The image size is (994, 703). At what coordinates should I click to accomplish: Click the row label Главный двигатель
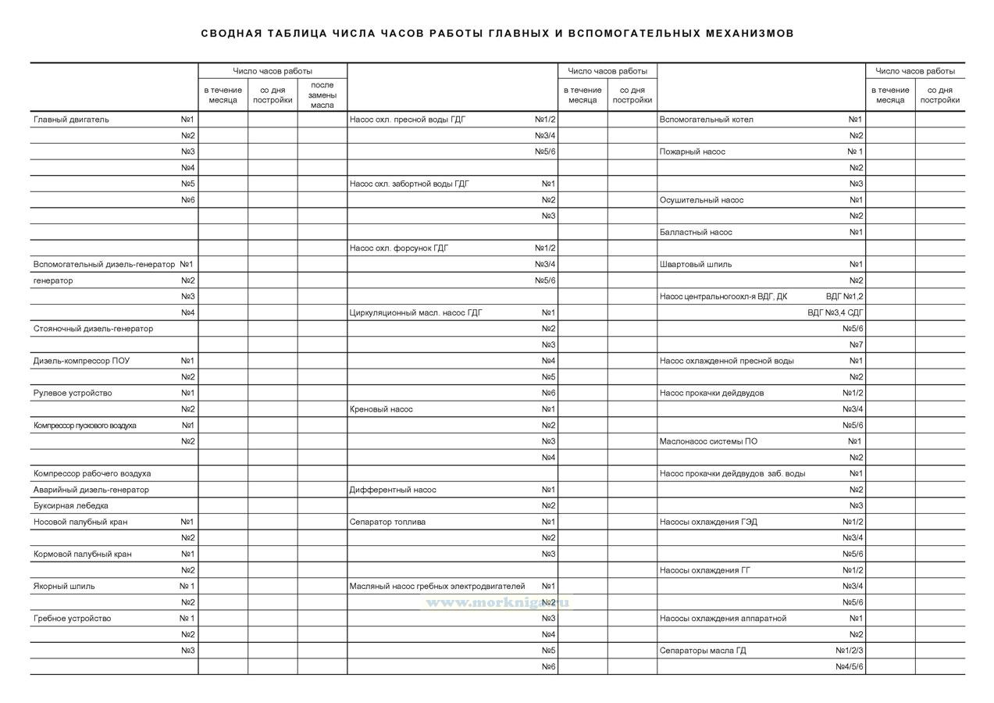click(71, 120)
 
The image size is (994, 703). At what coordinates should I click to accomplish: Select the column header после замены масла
click(322, 95)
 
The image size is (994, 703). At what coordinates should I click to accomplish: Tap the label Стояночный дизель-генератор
click(93, 329)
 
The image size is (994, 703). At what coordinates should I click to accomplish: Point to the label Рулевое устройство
click(73, 393)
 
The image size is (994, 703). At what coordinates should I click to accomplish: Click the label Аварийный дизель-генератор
click(91, 490)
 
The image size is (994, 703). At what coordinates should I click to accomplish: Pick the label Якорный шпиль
click(64, 586)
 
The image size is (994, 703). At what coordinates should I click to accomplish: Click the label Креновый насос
click(381, 409)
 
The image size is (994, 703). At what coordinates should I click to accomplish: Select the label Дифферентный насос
click(393, 490)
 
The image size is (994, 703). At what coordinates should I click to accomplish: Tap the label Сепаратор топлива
click(387, 522)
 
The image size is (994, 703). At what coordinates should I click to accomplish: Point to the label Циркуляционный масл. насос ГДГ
click(416, 312)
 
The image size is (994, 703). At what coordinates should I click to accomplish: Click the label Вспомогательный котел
click(707, 120)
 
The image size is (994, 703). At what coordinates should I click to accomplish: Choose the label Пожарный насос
click(693, 152)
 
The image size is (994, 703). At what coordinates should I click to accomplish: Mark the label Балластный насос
click(696, 232)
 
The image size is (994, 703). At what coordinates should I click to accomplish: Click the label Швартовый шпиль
click(696, 264)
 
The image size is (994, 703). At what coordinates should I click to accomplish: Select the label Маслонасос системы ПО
click(708, 441)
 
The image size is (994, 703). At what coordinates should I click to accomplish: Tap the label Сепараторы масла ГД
click(703, 650)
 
